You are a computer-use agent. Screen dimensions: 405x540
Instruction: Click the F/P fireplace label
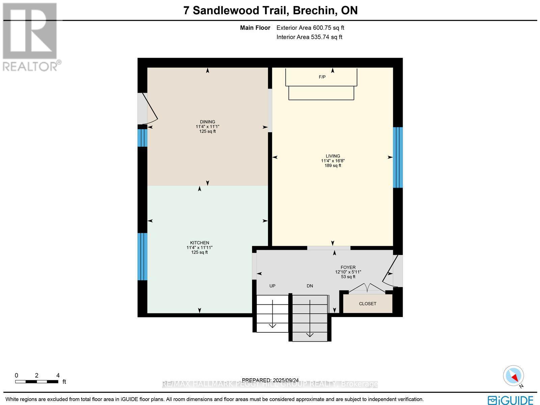pos(322,77)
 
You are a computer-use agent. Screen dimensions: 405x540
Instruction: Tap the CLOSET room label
pos(368,304)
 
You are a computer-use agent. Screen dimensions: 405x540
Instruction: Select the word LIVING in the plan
pos(333,156)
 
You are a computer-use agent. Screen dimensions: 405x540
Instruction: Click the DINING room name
pos(207,122)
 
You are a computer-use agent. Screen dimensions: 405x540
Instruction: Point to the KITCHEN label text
pos(199,243)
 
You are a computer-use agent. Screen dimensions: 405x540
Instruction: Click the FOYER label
pos(348,267)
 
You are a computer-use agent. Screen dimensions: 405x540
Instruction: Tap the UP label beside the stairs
pos(272,286)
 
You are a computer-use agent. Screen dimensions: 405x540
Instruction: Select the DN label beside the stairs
pos(310,286)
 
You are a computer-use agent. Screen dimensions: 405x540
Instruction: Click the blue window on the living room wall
pos(398,157)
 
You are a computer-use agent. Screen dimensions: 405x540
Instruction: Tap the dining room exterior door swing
pos(148,108)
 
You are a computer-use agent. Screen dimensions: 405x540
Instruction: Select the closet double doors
pos(367,288)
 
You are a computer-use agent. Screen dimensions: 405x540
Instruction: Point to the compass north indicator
pos(514,376)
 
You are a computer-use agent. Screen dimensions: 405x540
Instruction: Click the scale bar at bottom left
pos(36,382)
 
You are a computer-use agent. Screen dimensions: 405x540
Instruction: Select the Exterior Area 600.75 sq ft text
pos(310,28)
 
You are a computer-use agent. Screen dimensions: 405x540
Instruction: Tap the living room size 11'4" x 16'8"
pos(333,161)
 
